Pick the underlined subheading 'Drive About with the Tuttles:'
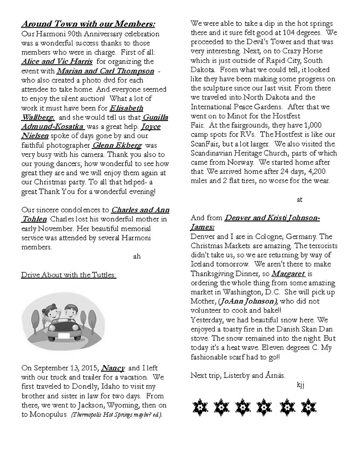(69, 274)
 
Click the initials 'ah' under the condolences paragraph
(137, 256)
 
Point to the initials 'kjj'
(301, 384)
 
